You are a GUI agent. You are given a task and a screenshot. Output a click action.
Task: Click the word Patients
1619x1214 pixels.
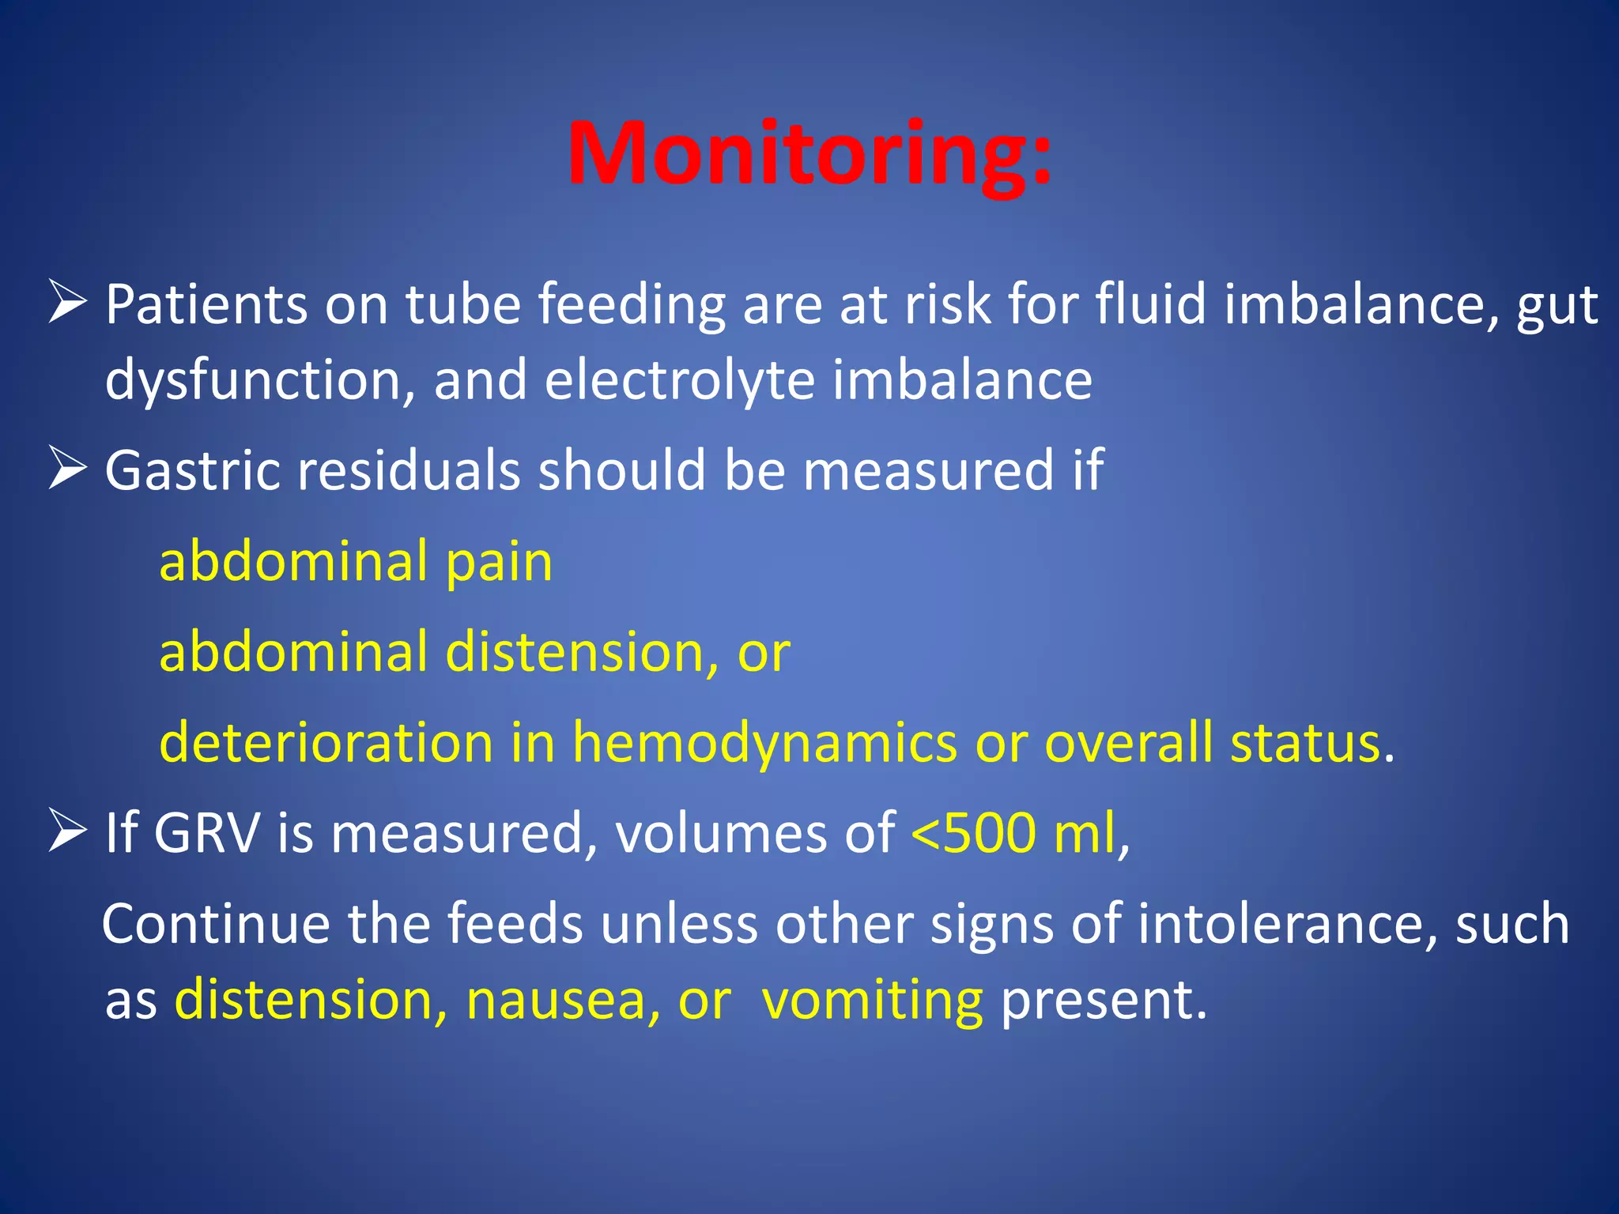pyautogui.click(x=206, y=304)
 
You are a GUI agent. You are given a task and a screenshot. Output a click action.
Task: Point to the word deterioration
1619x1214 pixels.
pyautogui.click(x=326, y=743)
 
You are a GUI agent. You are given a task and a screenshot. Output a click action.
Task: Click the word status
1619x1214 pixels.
pyautogui.click(x=1305, y=743)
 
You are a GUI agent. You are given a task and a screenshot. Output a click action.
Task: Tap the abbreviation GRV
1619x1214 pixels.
pyautogui.click(x=206, y=833)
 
